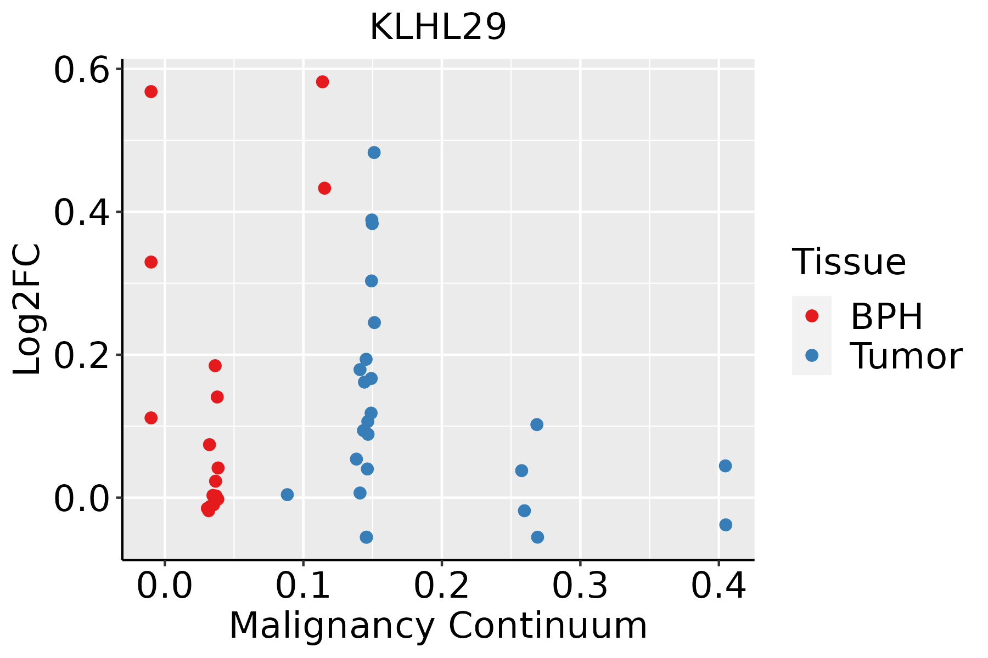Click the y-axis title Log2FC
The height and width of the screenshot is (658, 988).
[27, 309]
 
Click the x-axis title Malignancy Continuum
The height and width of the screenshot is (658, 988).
[437, 626]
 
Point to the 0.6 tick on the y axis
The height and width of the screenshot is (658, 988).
[81, 70]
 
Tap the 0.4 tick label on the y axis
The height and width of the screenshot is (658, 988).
[81, 213]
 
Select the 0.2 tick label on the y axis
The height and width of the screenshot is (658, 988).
[81, 355]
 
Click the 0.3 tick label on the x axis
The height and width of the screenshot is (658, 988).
[580, 586]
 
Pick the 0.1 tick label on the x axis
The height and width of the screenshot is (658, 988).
[303, 586]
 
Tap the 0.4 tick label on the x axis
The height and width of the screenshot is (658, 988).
[718, 586]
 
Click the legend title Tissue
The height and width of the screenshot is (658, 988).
[849, 262]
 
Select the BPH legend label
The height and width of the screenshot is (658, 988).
[886, 316]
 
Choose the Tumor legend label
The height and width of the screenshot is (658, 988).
[906, 356]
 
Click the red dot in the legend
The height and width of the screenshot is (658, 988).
[811, 316]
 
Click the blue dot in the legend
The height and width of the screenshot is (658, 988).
[811, 355]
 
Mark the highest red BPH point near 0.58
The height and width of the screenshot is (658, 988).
[322, 82]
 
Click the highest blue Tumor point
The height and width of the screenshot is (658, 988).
[374, 152]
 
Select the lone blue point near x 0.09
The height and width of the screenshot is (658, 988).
[287, 495]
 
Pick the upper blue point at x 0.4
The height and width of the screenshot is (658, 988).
[725, 466]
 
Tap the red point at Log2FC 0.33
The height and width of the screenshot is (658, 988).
[151, 262]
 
